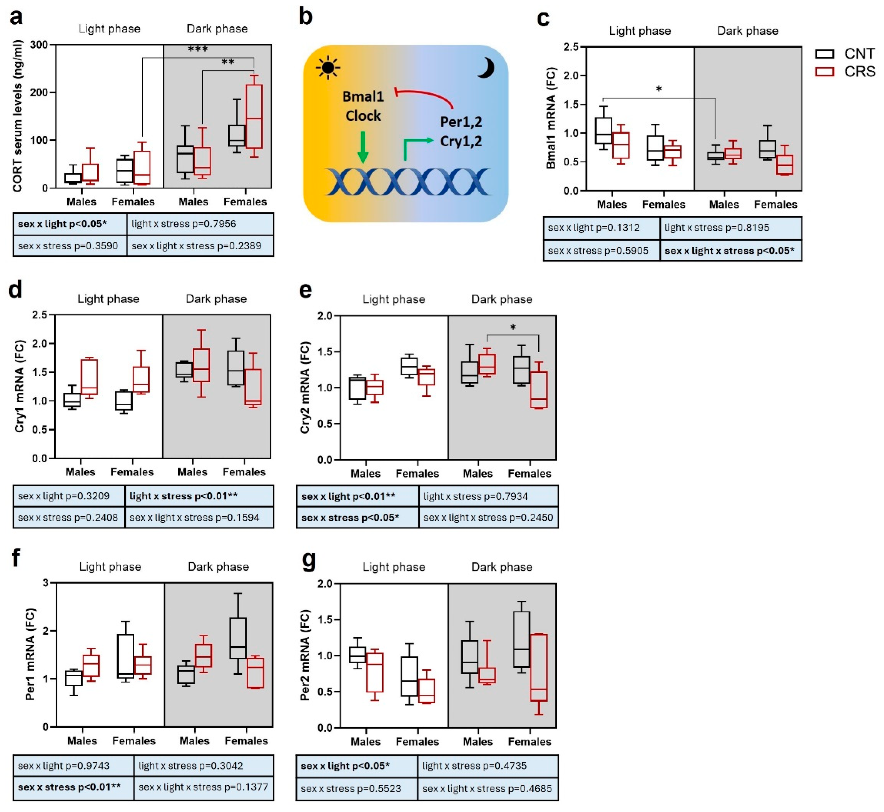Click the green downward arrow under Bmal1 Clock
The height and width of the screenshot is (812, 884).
click(x=363, y=147)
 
